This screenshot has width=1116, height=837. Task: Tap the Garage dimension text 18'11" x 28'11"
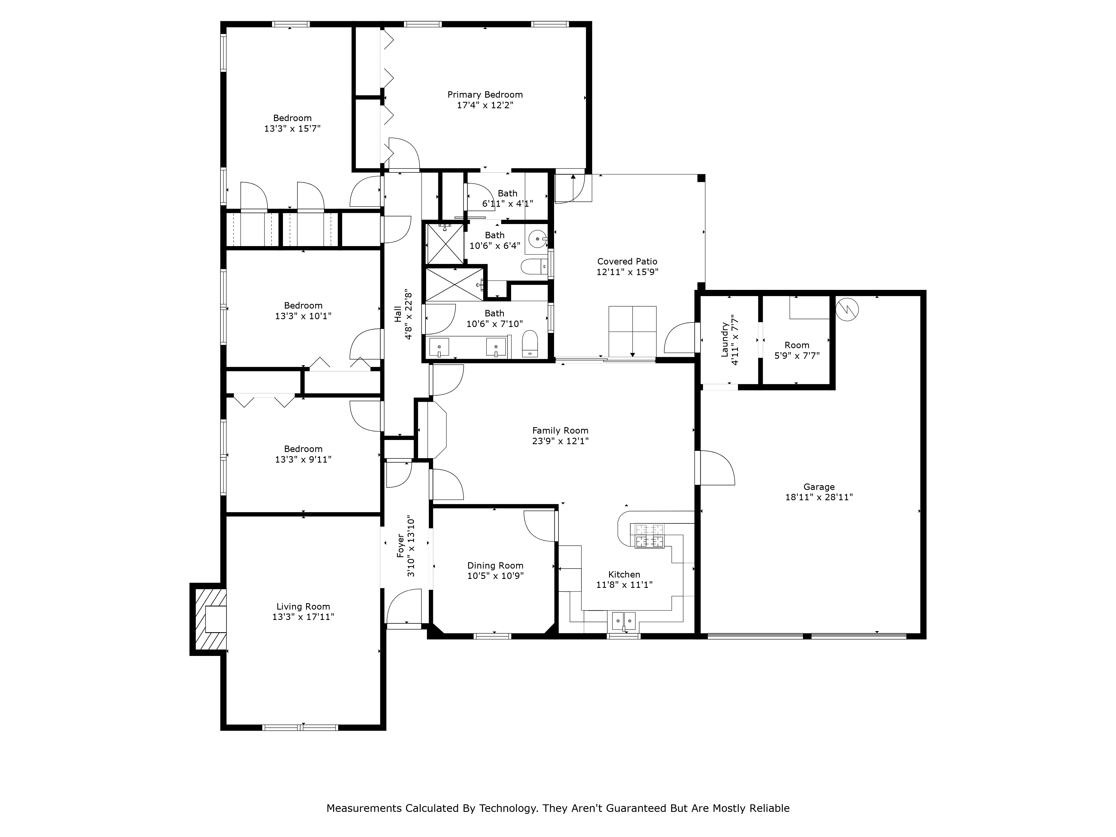tap(819, 497)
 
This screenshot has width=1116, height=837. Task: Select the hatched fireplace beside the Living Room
tap(208, 619)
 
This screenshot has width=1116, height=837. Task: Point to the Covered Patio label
tap(627, 261)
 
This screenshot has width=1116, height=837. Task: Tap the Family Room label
tap(560, 430)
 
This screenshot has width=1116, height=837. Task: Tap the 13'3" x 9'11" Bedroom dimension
tap(303, 460)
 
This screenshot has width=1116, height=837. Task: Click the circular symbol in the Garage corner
tap(846, 309)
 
